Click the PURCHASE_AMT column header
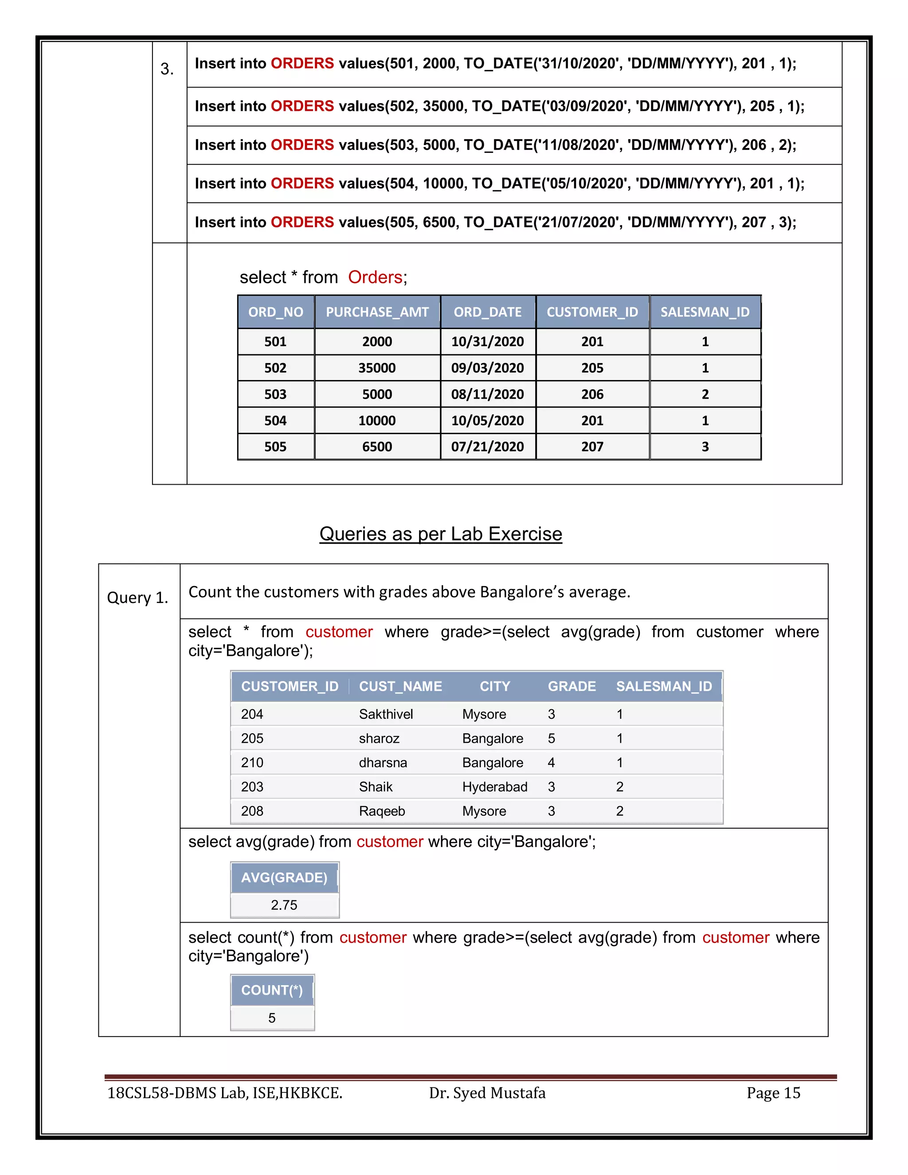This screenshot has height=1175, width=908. point(377,312)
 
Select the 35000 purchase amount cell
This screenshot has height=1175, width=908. point(377,368)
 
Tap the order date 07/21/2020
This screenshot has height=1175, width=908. point(487,446)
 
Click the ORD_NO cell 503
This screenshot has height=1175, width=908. point(275,394)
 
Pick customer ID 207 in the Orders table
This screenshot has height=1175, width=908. point(592,446)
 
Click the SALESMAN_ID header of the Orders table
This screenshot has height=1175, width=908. point(704,312)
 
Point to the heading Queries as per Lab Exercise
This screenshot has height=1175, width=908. point(441,534)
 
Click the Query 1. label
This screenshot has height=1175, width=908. point(138,598)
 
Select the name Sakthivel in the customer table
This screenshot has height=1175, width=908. point(386,714)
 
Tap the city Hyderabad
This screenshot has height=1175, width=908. point(494,787)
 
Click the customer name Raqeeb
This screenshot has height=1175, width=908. point(382,811)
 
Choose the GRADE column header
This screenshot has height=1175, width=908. point(571,686)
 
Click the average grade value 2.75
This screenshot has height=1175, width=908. point(284,905)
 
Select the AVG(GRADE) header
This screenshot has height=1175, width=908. point(284,877)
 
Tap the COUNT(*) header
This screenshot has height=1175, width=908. point(272,990)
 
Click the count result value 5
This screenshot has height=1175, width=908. point(272,1018)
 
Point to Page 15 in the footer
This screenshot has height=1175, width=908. point(773,1093)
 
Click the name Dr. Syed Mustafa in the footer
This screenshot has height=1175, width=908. point(487,1093)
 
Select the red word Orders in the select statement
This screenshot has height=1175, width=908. point(375,277)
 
